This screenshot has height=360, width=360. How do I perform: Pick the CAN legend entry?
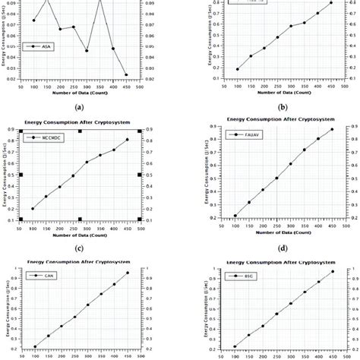pyautogui.click(x=39, y=275)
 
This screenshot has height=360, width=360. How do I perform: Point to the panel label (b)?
pyautogui.click(x=282, y=108)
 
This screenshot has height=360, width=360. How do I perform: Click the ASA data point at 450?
pyautogui.click(x=126, y=74)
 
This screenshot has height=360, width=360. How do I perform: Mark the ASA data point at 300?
pyautogui.click(x=87, y=51)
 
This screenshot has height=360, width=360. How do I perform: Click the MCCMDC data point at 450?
pyautogui.click(x=127, y=140)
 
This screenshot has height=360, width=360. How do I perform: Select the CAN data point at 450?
pyautogui.click(x=127, y=273)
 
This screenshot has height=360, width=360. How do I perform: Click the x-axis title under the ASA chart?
pyautogui.click(x=80, y=94)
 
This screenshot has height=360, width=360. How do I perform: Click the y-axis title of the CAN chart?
pyautogui.click(x=5, y=311)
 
